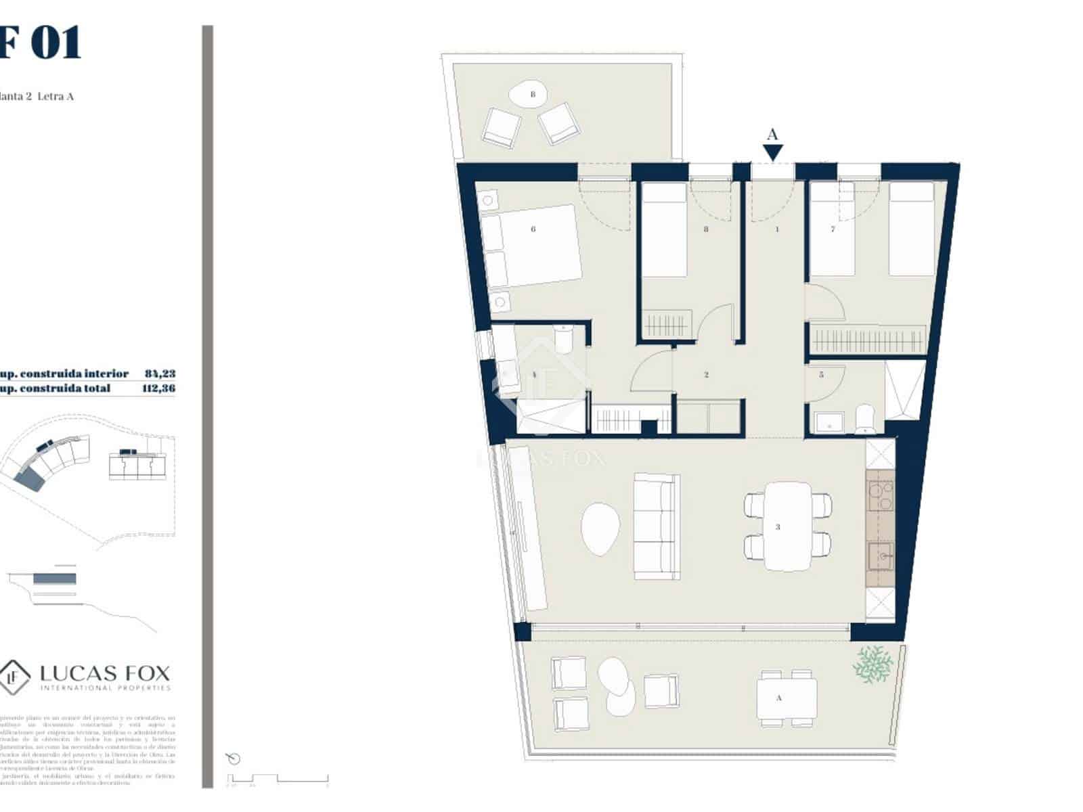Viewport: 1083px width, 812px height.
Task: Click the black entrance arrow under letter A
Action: pyautogui.click(x=773, y=153)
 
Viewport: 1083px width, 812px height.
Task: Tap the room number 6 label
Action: pyautogui.click(x=533, y=229)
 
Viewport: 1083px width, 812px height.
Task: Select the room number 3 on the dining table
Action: pyautogui.click(x=778, y=526)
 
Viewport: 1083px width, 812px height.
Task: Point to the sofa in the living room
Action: pyautogui.click(x=655, y=526)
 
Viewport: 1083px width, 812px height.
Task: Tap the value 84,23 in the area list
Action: pyautogui.click(x=160, y=374)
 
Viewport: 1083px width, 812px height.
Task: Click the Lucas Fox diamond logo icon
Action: pyautogui.click(x=14, y=675)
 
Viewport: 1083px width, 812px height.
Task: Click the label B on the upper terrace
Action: pyautogui.click(x=533, y=95)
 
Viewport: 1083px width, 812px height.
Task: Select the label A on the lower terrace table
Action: pyautogui.click(x=778, y=698)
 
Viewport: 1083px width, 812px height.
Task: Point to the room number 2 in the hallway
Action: pyautogui.click(x=706, y=374)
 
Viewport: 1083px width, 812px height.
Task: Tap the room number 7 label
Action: pyautogui.click(x=833, y=229)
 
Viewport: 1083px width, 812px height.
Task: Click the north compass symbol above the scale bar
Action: pyautogui.click(x=234, y=759)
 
